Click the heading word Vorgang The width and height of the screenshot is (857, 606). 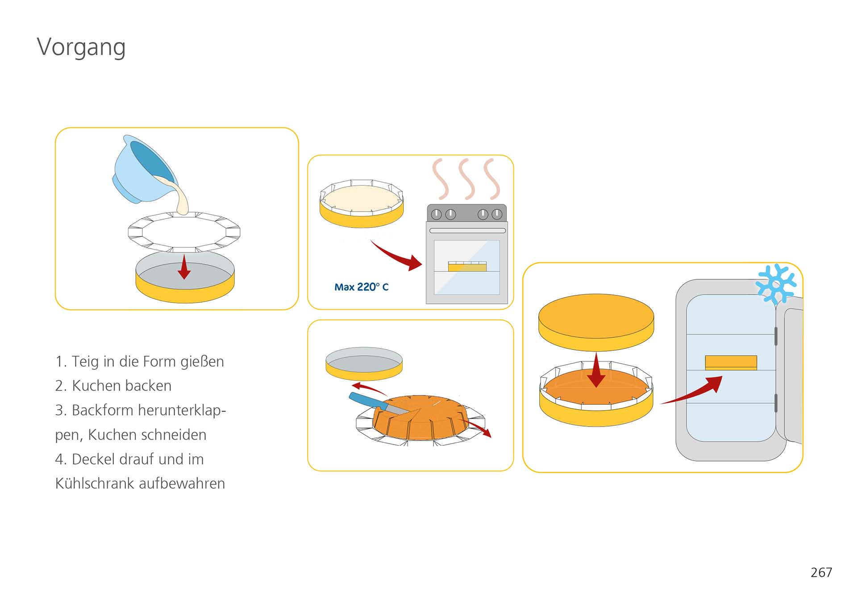[81, 47]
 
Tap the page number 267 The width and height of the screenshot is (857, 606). [821, 573]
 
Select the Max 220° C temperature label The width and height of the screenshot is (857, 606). [362, 287]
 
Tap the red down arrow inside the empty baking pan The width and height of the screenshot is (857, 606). [184, 266]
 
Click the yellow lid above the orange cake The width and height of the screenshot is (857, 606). [596, 322]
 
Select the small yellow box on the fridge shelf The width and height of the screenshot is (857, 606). [731, 362]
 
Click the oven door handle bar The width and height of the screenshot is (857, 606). [467, 231]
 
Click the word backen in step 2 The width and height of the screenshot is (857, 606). [149, 386]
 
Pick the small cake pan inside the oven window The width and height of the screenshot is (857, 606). [467, 266]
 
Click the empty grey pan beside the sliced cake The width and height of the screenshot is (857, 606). [364, 363]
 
